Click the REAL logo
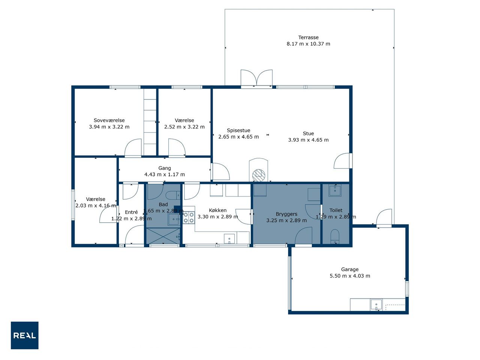(x=24, y=335)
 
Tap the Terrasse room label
(x=308, y=37)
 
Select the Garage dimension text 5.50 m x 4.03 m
(x=349, y=276)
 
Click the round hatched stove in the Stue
(x=259, y=175)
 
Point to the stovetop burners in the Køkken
(x=189, y=217)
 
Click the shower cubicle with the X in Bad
(x=163, y=236)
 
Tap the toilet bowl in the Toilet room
(x=334, y=237)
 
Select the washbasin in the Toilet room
(x=335, y=190)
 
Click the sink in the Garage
(x=376, y=305)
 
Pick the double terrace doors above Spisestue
(x=256, y=78)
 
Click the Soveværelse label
(x=109, y=120)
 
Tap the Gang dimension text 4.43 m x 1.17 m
(x=165, y=174)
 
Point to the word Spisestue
(x=238, y=130)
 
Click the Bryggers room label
(x=286, y=214)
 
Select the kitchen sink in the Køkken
(x=229, y=239)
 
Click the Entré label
(x=131, y=212)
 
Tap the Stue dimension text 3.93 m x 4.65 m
(x=308, y=140)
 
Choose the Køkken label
(x=217, y=210)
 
